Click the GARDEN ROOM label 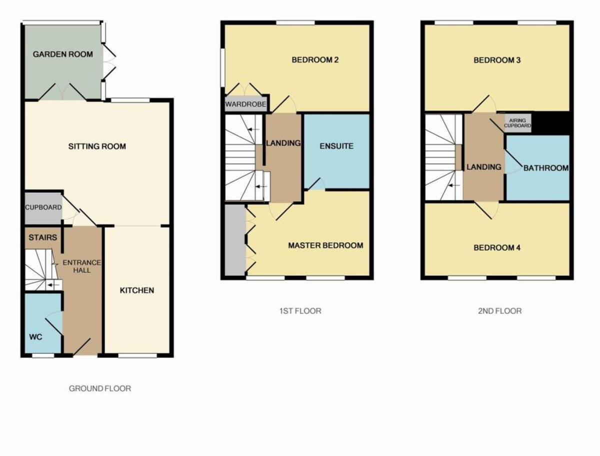62,54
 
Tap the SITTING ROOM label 97,146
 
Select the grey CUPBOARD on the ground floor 43,207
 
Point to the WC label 35,337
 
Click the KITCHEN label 136,290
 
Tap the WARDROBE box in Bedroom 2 245,104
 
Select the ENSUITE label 336,146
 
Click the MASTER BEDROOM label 325,245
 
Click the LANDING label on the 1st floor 283,143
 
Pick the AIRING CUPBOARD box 517,123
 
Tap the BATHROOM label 545,168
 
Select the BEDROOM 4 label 497,247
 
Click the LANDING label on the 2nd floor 484,167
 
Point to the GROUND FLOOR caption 100,388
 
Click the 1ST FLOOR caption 300,311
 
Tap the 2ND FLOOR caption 499,311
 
